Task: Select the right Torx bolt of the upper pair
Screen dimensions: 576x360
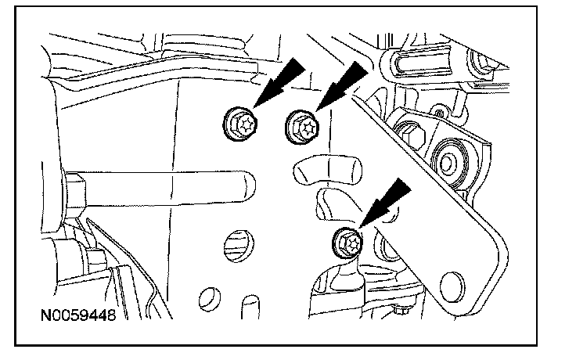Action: [x=301, y=125]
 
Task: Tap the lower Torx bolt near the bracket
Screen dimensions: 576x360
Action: [x=348, y=243]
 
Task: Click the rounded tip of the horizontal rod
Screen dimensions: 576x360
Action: [x=249, y=188]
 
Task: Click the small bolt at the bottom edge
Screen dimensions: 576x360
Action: [x=401, y=312]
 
